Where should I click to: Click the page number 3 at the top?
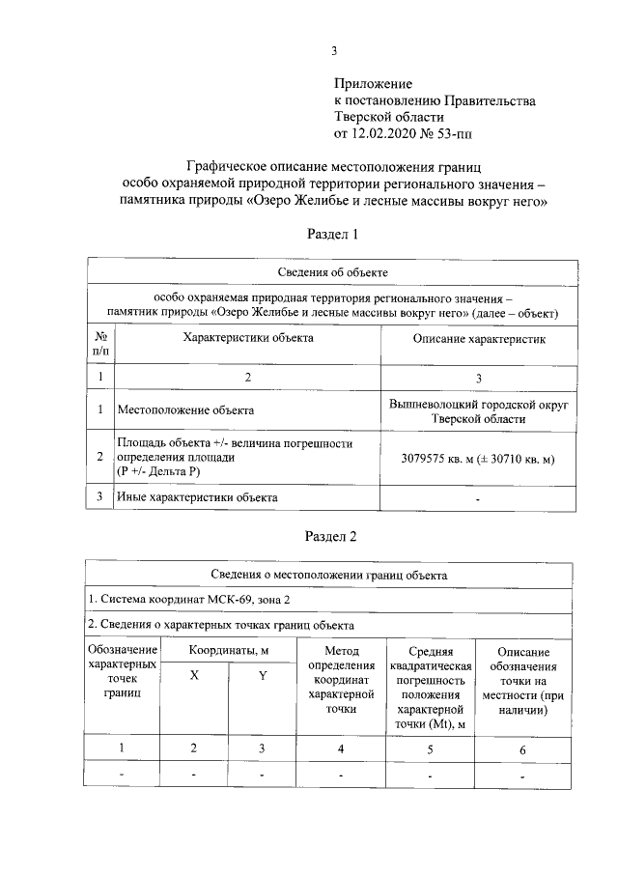point(333,52)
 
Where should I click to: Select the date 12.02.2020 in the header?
point(391,131)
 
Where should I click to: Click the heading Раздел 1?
point(332,234)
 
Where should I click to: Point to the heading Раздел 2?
point(332,535)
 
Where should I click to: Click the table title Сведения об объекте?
point(332,273)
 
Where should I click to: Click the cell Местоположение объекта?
point(185,410)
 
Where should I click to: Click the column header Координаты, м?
point(228,652)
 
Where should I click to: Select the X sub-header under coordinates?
point(194,676)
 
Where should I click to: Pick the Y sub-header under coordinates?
point(262,676)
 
